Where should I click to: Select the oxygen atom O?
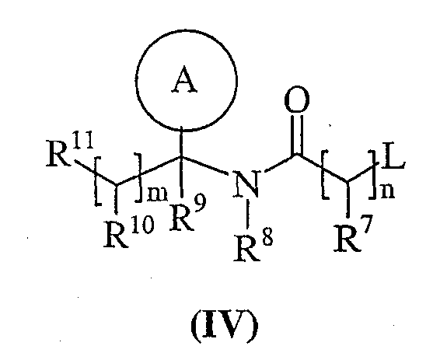(x=297, y=99)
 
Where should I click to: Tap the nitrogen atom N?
(x=246, y=185)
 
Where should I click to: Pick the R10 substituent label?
(x=129, y=233)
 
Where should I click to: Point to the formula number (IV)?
(x=225, y=325)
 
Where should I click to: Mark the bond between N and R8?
(x=248, y=213)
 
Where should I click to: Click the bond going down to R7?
(x=347, y=199)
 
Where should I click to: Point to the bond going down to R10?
(x=116, y=200)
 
